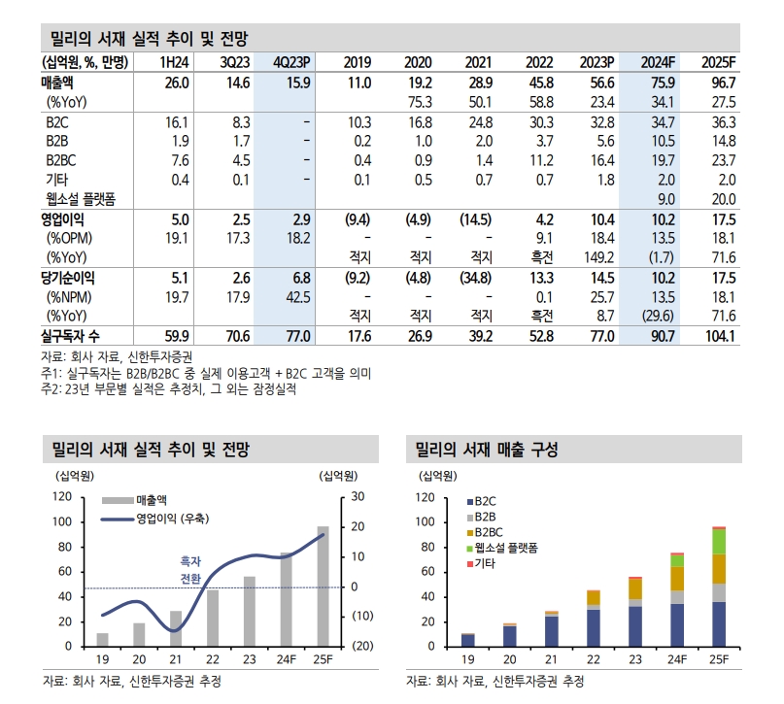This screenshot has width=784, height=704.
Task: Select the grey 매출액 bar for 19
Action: (102, 639)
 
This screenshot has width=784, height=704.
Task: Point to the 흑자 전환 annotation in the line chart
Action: (190, 569)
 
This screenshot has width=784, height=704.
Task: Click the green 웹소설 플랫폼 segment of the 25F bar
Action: (719, 542)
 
